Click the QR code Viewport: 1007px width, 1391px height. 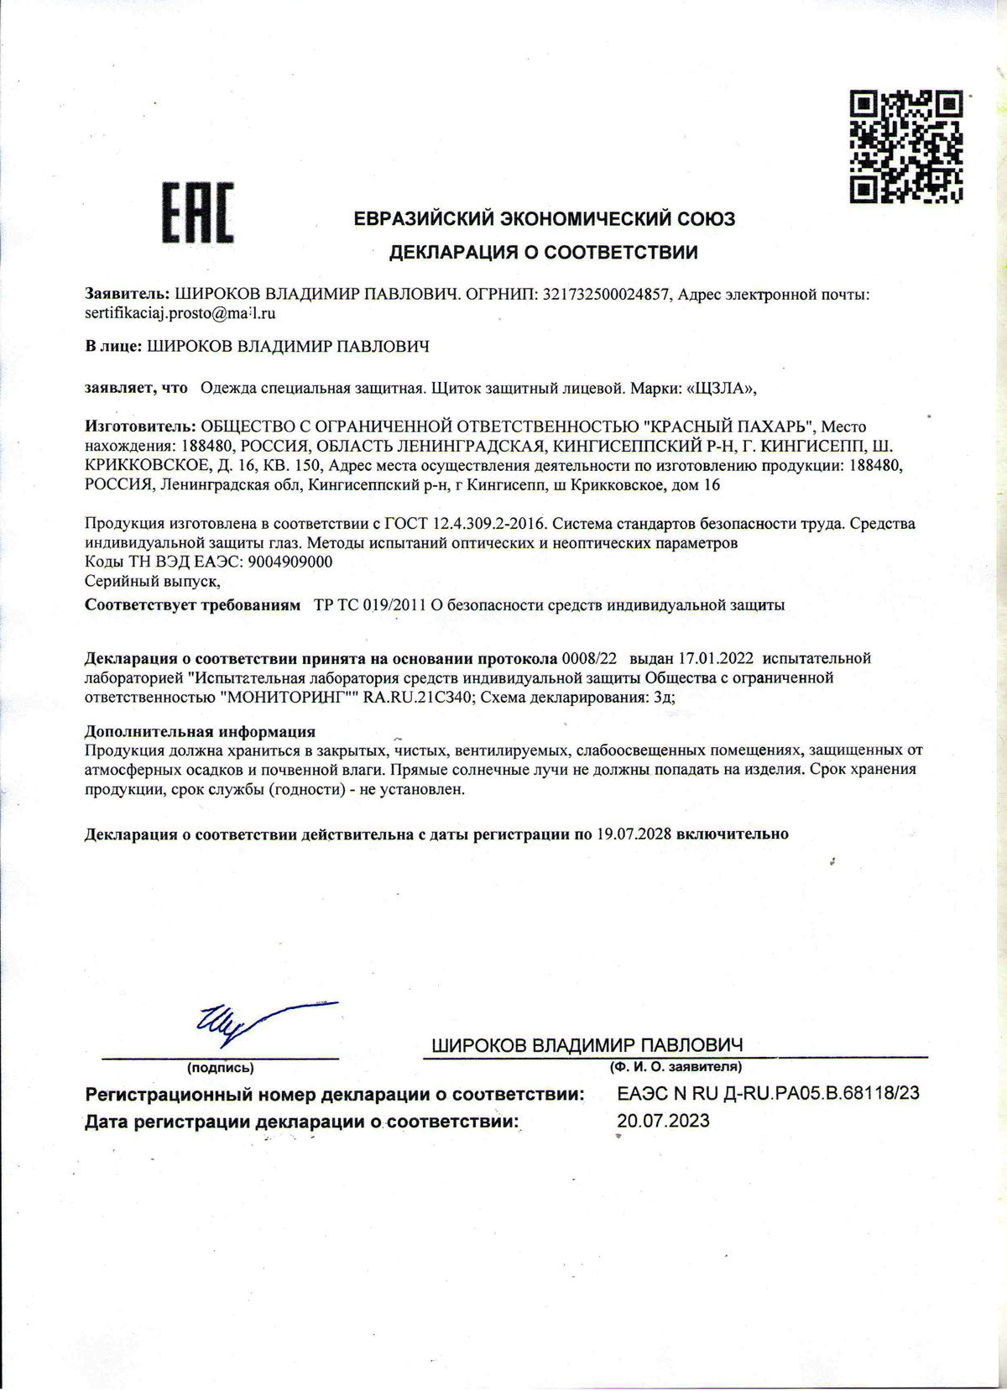(x=905, y=148)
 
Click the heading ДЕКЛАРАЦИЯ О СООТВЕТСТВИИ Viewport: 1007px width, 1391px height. (x=543, y=251)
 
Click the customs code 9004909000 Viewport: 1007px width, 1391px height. (x=292, y=562)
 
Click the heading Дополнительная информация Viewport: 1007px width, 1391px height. (x=201, y=731)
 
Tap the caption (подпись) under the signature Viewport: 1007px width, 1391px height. (x=220, y=1068)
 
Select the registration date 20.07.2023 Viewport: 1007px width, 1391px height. (x=663, y=1121)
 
